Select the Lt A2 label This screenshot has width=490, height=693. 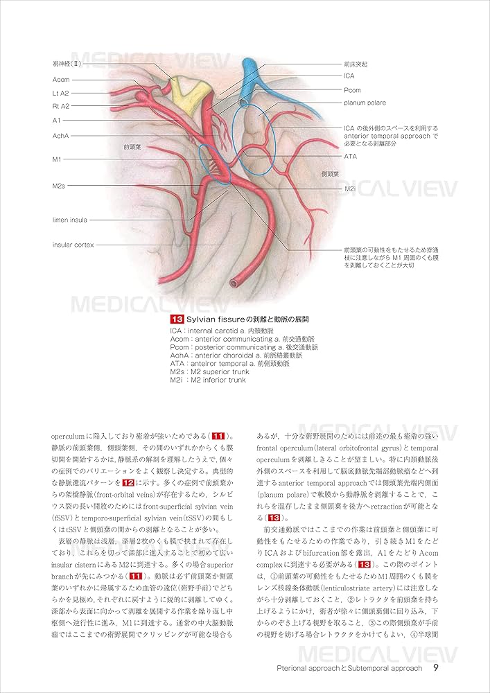61,93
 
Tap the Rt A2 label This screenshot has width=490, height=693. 61,106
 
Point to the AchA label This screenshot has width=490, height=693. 60,136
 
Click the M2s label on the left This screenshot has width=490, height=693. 59,186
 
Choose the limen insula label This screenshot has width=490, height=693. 69,220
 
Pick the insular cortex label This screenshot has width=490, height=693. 73,245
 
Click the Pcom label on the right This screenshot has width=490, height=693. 353,89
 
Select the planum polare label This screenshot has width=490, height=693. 365,103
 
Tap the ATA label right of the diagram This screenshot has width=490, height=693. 350,157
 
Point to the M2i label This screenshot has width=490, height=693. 350,188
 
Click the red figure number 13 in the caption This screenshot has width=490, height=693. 176,319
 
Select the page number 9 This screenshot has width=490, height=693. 435,668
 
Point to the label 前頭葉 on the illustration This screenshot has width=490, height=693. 132,147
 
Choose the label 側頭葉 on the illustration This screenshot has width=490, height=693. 329,174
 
